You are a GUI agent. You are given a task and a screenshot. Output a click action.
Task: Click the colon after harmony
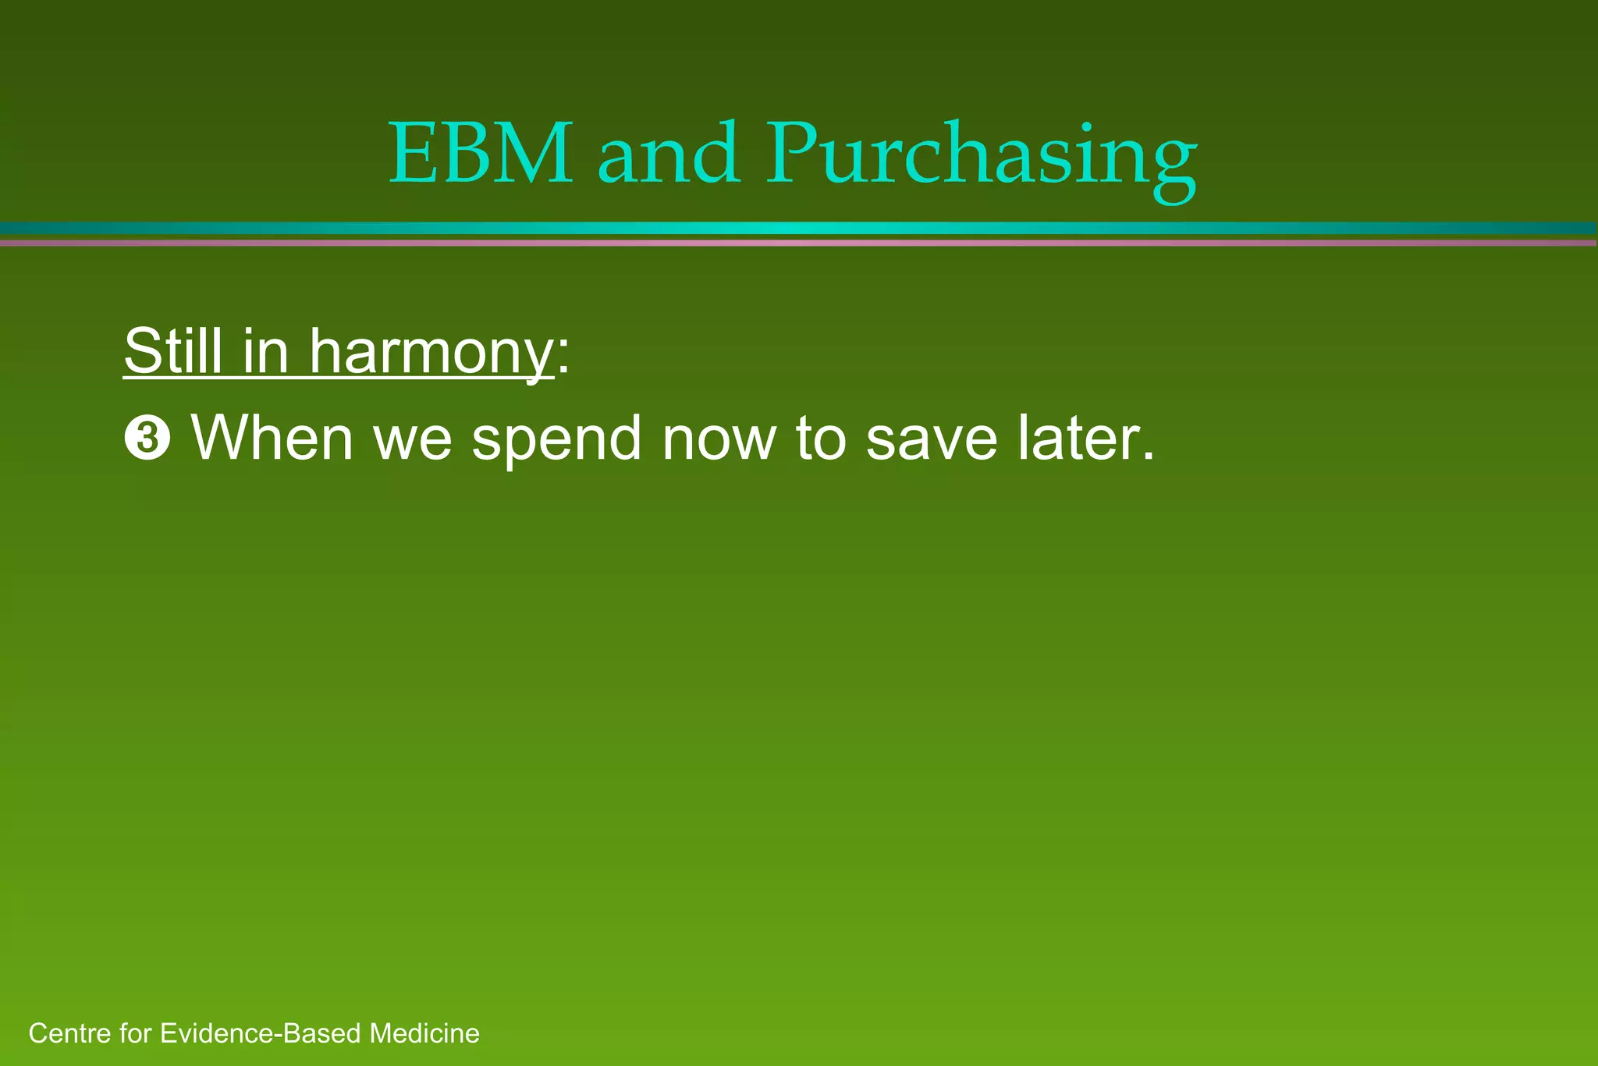click(563, 359)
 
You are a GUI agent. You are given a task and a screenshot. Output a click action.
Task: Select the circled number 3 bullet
click(147, 439)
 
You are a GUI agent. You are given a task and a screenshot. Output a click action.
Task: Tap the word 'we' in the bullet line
click(413, 441)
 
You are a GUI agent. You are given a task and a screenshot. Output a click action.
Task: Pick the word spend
click(556, 441)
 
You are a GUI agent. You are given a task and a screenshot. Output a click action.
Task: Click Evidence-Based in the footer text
click(262, 1034)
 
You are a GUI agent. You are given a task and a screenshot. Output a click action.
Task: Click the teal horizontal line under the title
click(799, 228)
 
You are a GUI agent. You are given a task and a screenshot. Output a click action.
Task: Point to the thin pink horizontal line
click(799, 243)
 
